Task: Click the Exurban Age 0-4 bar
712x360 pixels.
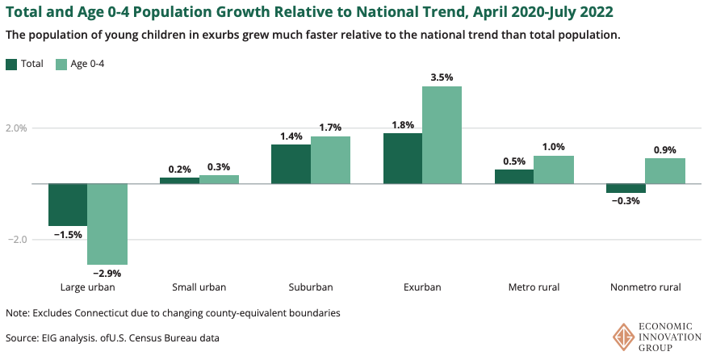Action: (x=442, y=135)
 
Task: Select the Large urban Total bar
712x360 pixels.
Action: (x=68, y=205)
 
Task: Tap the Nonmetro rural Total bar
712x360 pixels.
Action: (x=626, y=188)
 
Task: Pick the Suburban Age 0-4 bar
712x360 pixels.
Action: (x=330, y=160)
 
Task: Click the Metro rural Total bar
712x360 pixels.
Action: (x=513, y=177)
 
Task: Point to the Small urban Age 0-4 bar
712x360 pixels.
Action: (x=219, y=179)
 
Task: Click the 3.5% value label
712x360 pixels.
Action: (x=442, y=77)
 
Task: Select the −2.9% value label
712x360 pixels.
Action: (x=107, y=273)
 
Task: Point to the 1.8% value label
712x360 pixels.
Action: (x=403, y=124)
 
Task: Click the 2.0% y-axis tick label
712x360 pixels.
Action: (x=16, y=128)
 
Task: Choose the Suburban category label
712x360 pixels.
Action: (x=311, y=287)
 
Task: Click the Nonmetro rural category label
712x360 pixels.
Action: (x=645, y=287)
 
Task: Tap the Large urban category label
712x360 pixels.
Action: (x=88, y=287)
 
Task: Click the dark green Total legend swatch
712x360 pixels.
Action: (x=11, y=64)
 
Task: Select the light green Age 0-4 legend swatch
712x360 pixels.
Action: (x=61, y=64)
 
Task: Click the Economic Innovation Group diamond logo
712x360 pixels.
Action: (x=622, y=337)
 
